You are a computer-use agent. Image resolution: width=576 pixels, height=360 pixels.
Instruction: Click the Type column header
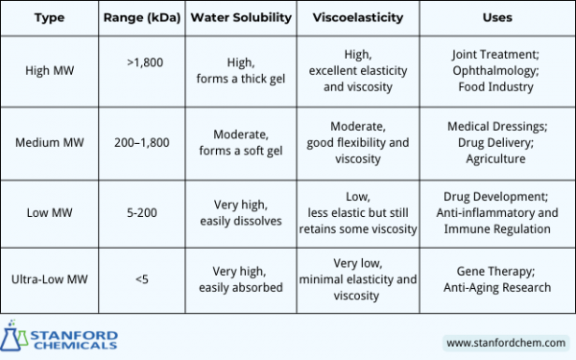(x=49, y=18)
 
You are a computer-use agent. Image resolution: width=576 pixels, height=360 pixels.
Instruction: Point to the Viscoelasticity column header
(x=359, y=18)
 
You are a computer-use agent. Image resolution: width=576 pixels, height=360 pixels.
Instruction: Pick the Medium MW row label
(x=49, y=142)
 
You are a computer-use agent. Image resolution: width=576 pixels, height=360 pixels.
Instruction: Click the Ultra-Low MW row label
(x=49, y=279)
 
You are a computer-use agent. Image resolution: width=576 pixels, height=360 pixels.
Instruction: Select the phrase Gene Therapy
(x=496, y=271)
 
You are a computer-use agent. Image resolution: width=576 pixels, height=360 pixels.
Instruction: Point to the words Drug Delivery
(x=496, y=142)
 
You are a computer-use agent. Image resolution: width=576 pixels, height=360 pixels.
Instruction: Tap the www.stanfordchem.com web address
(x=505, y=342)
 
